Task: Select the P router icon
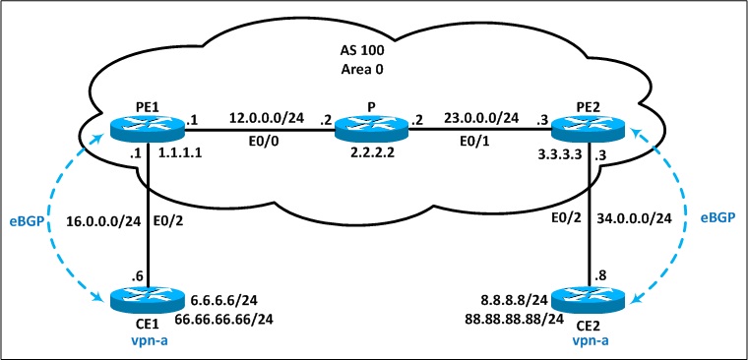pos(371,129)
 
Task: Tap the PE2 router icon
pos(588,129)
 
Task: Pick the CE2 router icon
pos(588,300)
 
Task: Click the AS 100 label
pos(363,49)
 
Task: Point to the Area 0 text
pos(363,69)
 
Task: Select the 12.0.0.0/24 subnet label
pos(266,117)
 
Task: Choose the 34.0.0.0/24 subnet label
pos(634,219)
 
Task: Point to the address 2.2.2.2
pos(371,156)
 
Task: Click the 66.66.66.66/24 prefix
pos(223,319)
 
